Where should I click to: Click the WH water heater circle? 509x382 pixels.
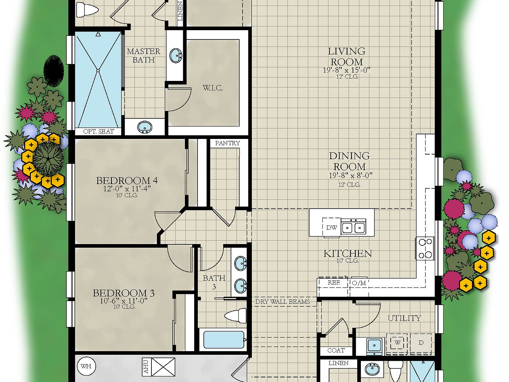(86, 366)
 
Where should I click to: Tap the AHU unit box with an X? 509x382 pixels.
(163, 367)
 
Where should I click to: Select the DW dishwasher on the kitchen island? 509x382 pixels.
(331, 227)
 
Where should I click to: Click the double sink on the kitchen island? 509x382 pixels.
(354, 227)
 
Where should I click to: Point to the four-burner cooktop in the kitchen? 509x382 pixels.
(425, 248)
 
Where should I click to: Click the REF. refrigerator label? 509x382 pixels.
(334, 283)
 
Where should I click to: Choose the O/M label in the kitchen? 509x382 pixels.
(359, 283)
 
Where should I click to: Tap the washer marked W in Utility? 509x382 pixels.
(397, 343)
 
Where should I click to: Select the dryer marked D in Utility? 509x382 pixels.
(421, 343)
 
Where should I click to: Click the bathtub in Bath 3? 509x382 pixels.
(224, 340)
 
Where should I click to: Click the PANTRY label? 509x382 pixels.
(227, 143)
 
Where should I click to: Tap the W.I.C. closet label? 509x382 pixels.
(212, 88)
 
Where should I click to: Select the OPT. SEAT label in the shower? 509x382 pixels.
(98, 131)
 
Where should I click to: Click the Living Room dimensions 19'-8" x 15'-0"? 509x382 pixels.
(346, 70)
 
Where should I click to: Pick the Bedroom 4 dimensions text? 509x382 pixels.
(127, 189)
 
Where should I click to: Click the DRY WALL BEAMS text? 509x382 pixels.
(282, 301)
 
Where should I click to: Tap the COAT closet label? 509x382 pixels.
(336, 350)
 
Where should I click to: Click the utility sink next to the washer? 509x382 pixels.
(374, 345)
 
